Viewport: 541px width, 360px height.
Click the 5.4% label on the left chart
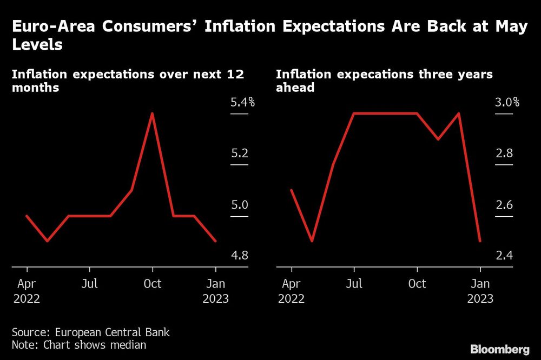pyautogui.click(x=242, y=102)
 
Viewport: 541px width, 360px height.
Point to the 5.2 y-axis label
pyautogui.click(x=239, y=154)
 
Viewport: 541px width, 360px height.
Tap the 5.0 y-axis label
pyautogui.click(x=239, y=205)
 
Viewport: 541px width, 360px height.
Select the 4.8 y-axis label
pyautogui.click(x=239, y=255)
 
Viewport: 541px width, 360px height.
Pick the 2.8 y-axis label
pyautogui.click(x=504, y=154)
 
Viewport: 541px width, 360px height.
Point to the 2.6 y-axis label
pyautogui.click(x=504, y=205)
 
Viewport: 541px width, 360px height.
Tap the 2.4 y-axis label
pyautogui.click(x=504, y=255)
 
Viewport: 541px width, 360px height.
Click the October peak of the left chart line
pyautogui.click(x=153, y=114)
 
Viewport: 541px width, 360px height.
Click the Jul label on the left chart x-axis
pyautogui.click(x=90, y=284)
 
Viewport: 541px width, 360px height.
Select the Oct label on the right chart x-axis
pyautogui.click(x=417, y=284)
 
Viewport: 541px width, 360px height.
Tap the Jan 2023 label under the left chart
pyautogui.click(x=216, y=291)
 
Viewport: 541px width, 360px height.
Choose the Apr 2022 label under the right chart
pyautogui.click(x=292, y=291)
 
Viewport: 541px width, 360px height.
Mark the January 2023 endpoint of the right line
pyautogui.click(x=480, y=241)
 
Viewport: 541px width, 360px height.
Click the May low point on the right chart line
pyautogui.click(x=312, y=241)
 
